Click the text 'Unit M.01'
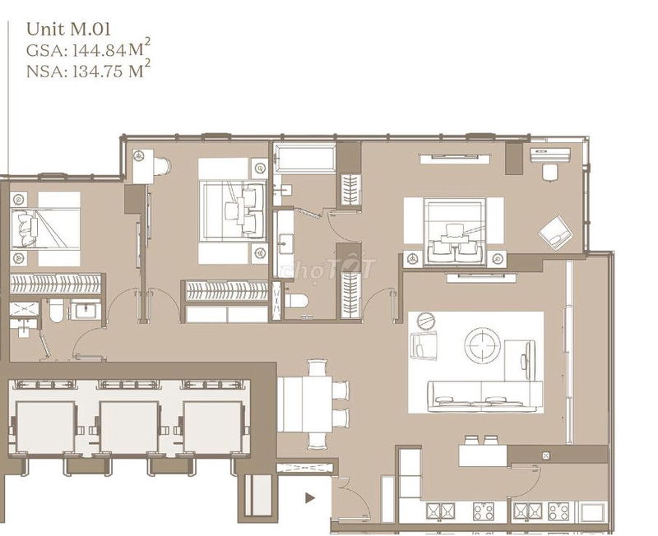(68, 30)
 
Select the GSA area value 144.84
(99, 51)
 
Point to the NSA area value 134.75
(98, 72)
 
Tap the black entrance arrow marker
(310, 498)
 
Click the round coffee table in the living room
(483, 346)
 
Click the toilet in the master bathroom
(296, 301)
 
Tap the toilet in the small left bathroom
(56, 311)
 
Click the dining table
(305, 404)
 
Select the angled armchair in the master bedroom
(555, 233)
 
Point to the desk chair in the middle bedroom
(161, 166)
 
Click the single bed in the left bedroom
(45, 229)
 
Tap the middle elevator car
(129, 427)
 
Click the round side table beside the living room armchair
(427, 321)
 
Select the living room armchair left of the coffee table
(424, 345)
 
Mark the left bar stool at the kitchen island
(471, 440)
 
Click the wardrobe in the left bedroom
(56, 284)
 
